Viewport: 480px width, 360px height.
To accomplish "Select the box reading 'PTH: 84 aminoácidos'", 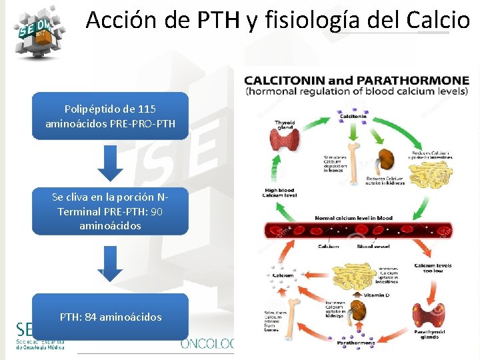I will click(x=111, y=317).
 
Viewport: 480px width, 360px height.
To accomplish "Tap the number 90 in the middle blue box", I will click(x=157, y=211).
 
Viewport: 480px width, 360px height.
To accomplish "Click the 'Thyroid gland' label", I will click(x=285, y=125).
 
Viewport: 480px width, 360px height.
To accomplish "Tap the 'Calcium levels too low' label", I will click(x=433, y=269).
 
